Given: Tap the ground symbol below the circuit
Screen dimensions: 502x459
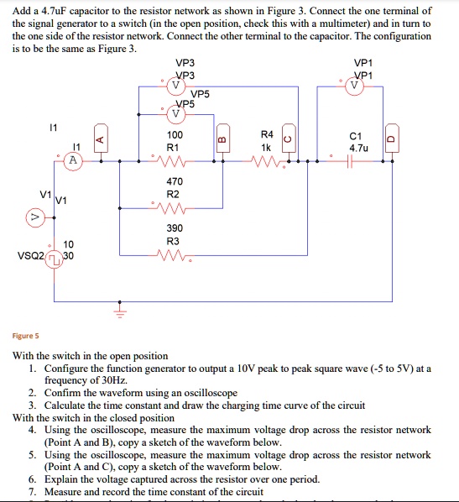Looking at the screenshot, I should pos(119,312).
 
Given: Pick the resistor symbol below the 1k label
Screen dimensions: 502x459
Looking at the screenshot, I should pos(266,160).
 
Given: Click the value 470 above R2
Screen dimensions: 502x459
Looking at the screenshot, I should pos(175,182).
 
